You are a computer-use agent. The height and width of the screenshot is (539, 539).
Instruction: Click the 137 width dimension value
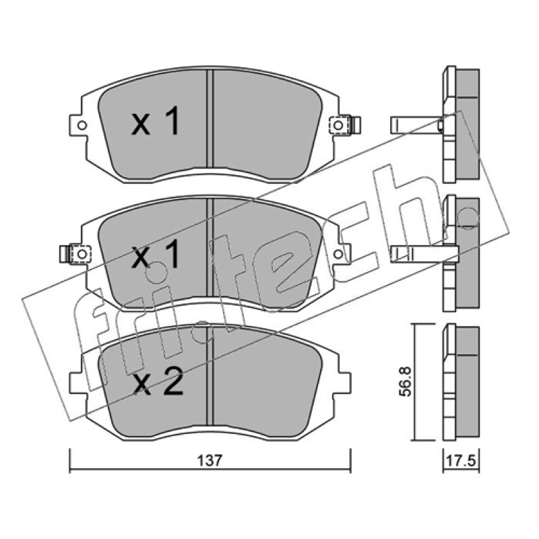click(210, 461)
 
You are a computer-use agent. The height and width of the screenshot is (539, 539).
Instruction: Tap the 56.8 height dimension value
click(406, 381)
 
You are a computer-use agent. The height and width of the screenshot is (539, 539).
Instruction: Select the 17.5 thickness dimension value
click(461, 461)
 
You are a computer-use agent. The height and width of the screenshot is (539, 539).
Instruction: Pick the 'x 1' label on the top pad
click(155, 121)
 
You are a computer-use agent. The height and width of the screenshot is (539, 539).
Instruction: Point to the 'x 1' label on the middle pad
click(156, 254)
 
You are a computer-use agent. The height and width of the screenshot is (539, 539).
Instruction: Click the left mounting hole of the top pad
click(82, 125)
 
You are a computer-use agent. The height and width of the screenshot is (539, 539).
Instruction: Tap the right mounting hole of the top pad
click(338, 125)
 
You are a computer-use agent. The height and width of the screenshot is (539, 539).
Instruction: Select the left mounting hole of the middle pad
click(82, 255)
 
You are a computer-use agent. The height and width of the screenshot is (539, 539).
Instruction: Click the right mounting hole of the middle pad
click(338, 255)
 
